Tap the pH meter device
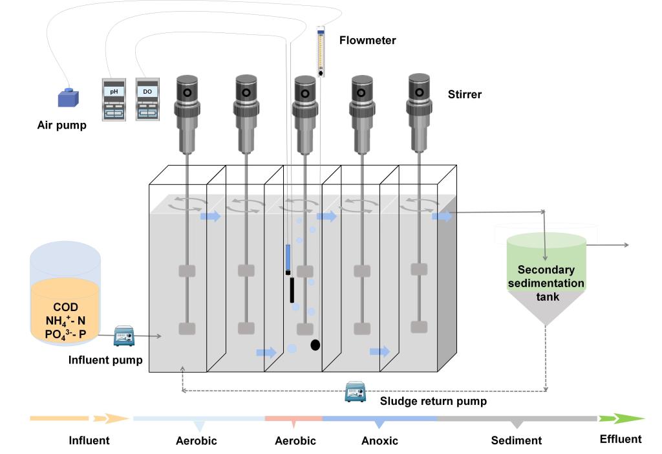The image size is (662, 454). tap(114, 100)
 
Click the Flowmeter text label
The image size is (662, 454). tap(367, 41)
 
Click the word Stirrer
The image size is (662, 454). tap(465, 95)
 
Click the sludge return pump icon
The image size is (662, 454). tap(356, 391)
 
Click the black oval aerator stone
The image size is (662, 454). tap(315, 345)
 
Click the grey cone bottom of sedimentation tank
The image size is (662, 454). tap(546, 310)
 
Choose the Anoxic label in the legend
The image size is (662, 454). tap(379, 441)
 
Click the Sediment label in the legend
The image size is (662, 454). tap(517, 441)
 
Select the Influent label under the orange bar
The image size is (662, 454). tap(89, 441)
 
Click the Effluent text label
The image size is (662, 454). tap(620, 439)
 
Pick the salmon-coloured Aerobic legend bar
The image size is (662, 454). tap(294, 419)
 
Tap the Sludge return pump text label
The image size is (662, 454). tap(433, 402)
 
